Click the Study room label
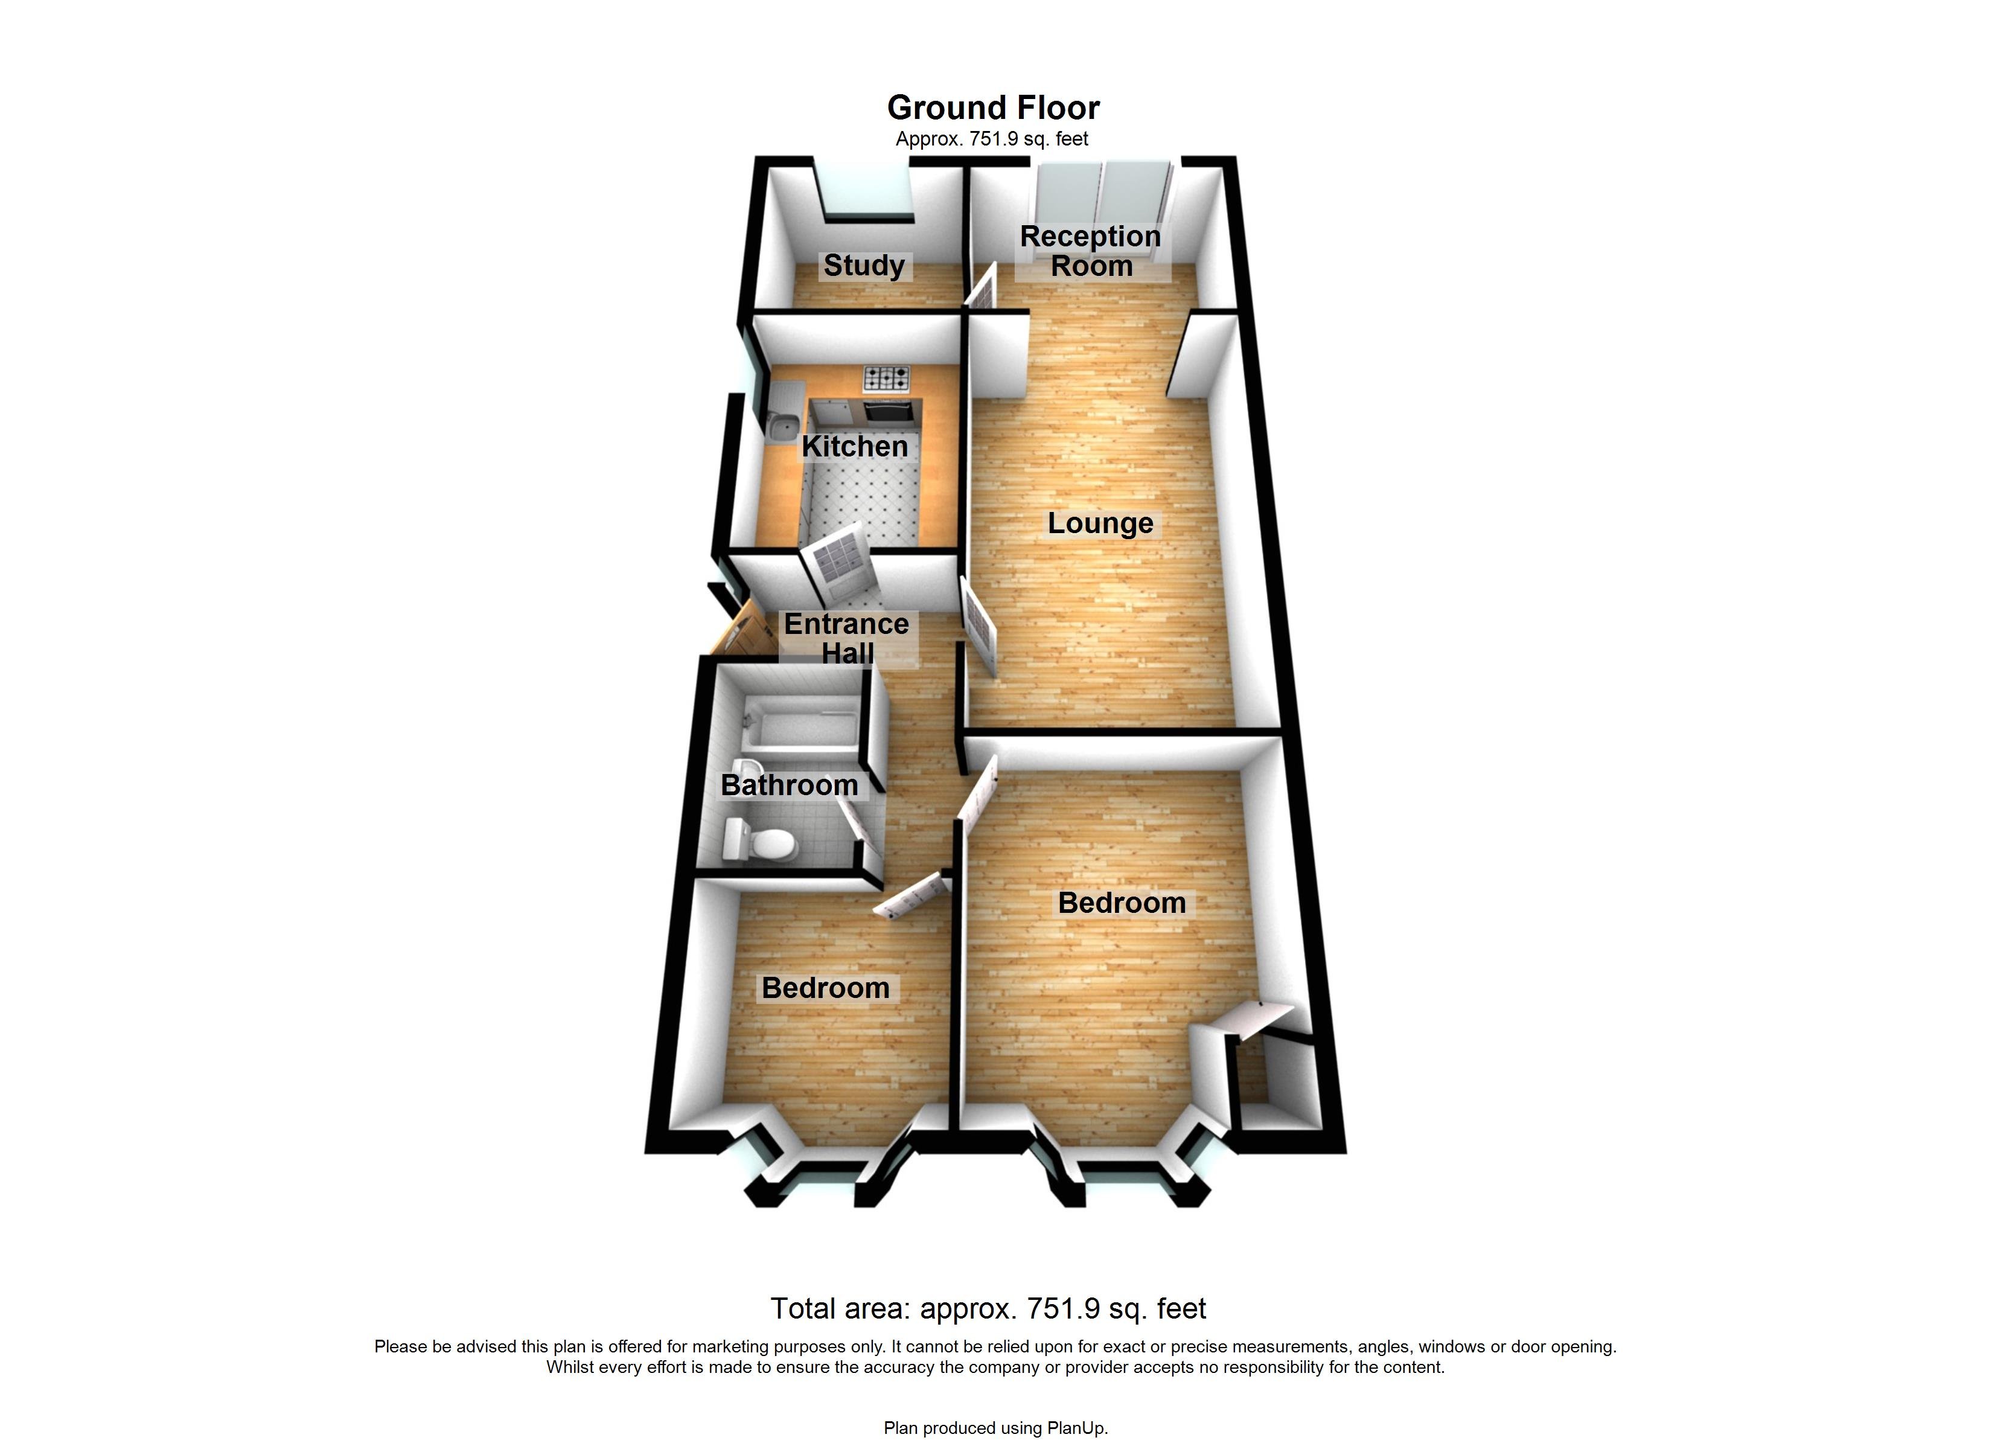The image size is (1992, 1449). (x=863, y=266)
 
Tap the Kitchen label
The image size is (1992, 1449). (x=854, y=446)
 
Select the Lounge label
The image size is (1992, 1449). (x=1100, y=523)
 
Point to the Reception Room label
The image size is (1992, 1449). (x=1090, y=251)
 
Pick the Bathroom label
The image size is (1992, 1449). (x=789, y=785)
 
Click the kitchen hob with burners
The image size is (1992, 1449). (x=886, y=379)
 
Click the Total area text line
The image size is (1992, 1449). (x=988, y=1308)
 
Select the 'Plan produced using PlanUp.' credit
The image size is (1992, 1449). (x=995, y=1428)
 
